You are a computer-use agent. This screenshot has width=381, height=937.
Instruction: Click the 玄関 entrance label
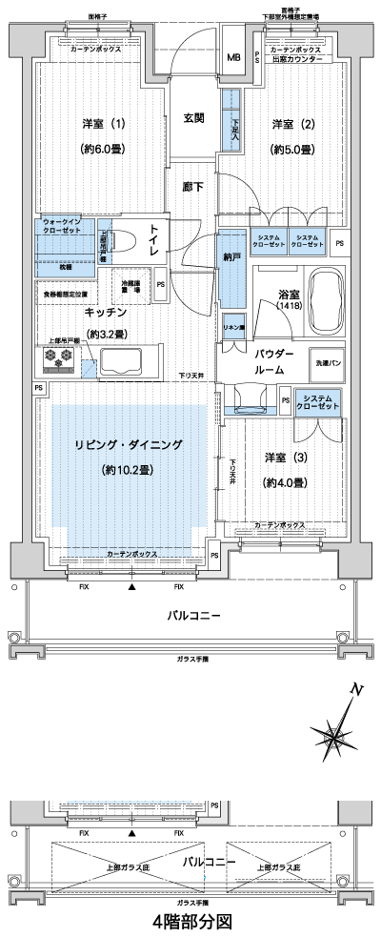pos(193,118)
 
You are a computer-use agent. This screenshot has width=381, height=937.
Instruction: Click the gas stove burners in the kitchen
pos(55,359)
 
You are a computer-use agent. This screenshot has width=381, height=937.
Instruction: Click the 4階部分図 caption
pos(190,923)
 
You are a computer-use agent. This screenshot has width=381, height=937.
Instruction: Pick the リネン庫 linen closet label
pos(231,327)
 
